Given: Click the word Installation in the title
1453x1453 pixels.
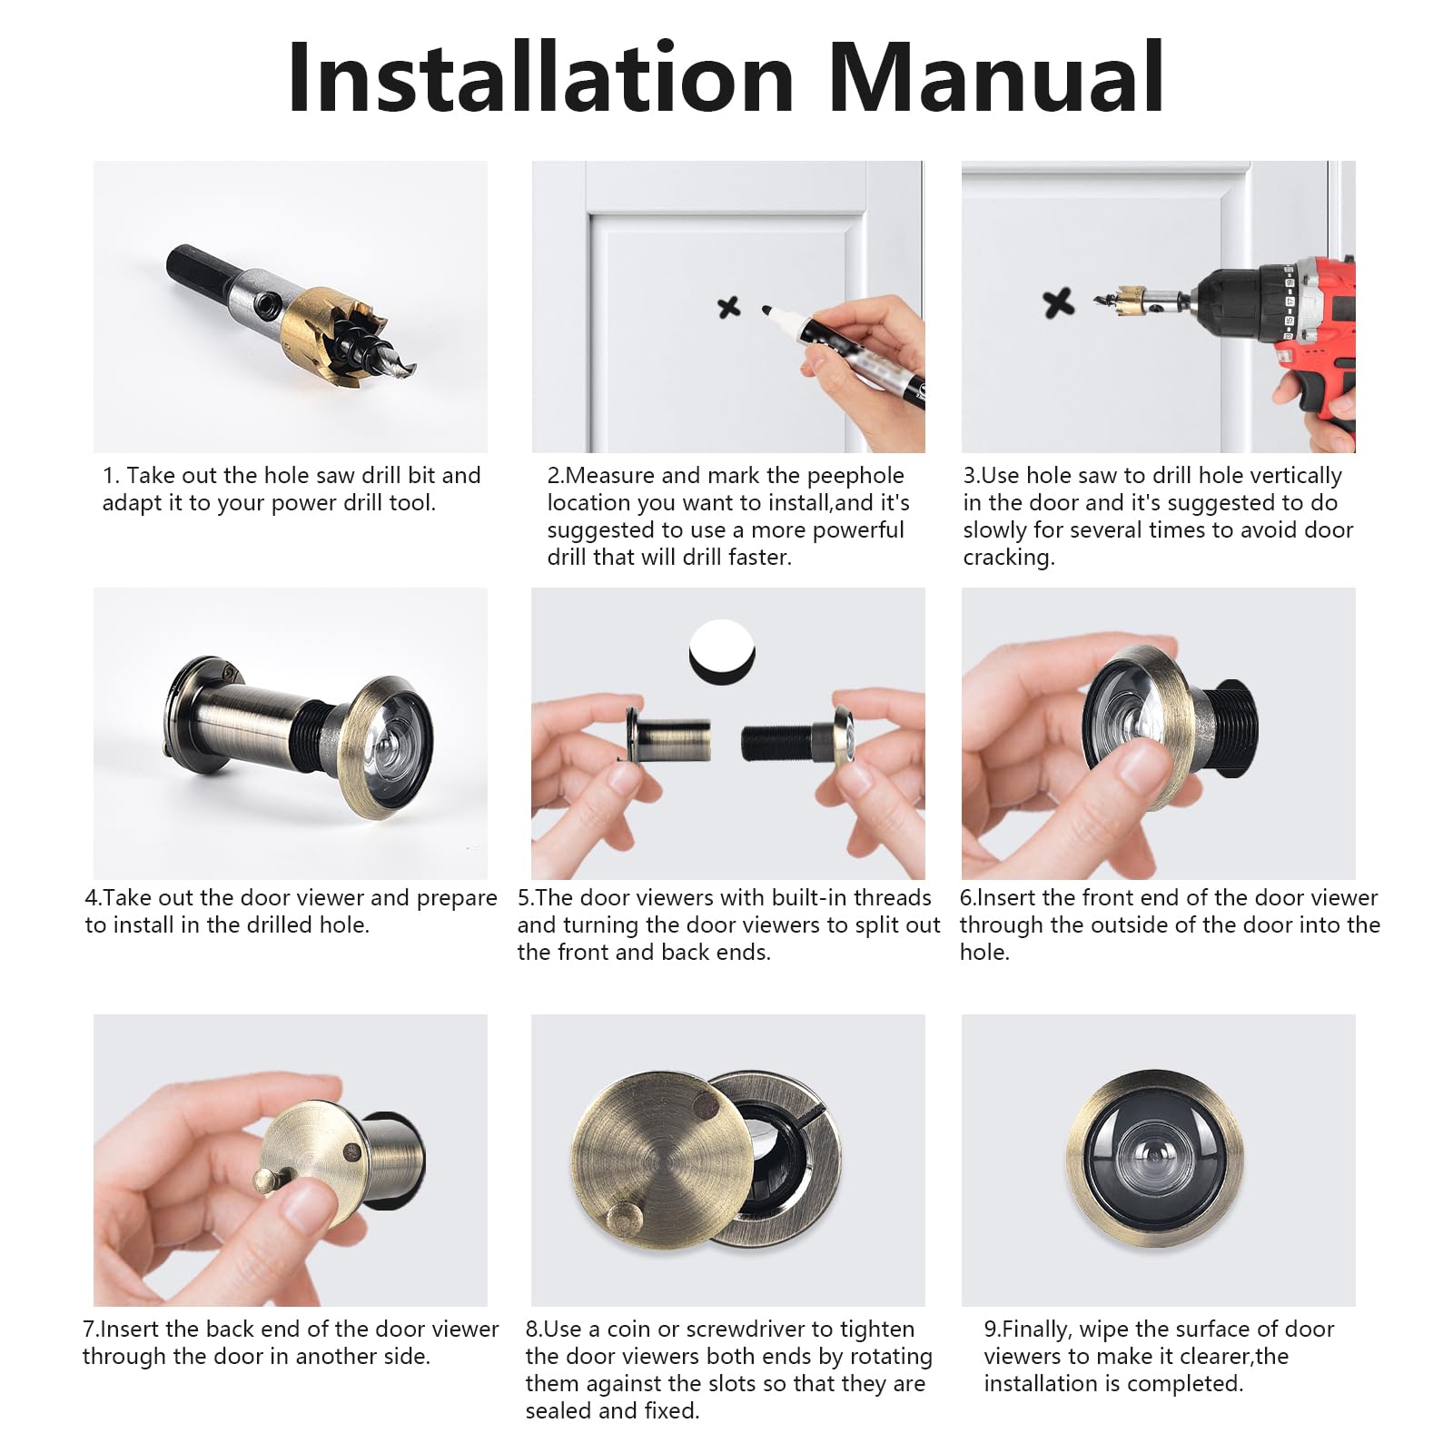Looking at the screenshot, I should (x=541, y=78).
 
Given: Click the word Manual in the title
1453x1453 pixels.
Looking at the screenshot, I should (x=995, y=78).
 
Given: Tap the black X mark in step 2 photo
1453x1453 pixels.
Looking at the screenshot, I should (x=728, y=307).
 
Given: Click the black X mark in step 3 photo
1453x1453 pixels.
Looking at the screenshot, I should (x=1058, y=302).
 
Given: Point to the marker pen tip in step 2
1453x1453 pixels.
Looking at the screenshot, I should (x=768, y=311).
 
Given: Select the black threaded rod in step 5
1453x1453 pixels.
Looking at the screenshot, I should (x=777, y=743).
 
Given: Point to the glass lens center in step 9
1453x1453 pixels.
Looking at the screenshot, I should (x=1154, y=1160).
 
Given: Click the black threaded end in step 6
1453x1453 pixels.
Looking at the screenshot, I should (x=1231, y=726).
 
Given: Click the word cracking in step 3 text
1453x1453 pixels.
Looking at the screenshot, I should (x=1008, y=558).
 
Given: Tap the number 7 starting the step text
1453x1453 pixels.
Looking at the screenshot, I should (x=89, y=1329).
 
